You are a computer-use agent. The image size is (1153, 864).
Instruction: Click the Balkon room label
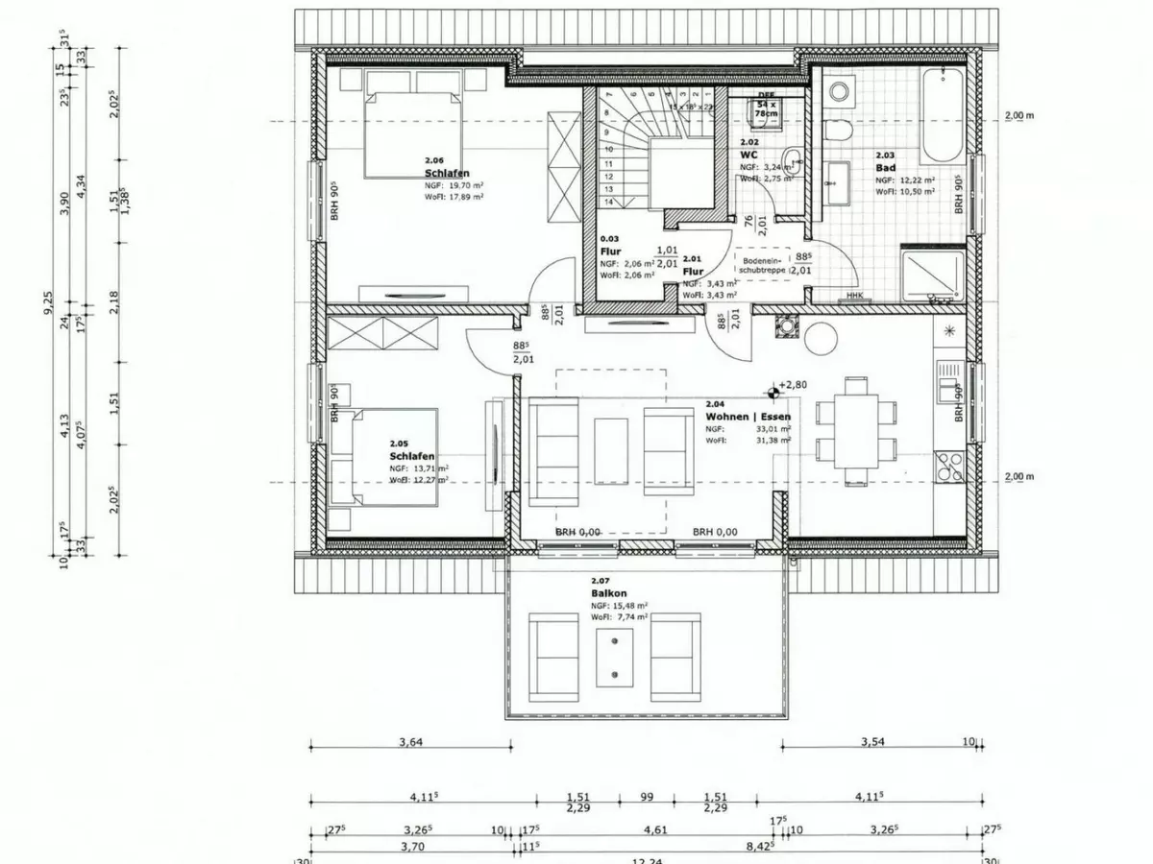(x=603, y=594)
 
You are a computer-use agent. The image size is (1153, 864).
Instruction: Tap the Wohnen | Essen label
(x=748, y=418)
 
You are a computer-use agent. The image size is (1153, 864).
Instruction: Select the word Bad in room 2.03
(x=885, y=167)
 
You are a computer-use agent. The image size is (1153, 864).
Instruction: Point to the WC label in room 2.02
(x=749, y=155)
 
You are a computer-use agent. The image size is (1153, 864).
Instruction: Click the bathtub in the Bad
(x=942, y=115)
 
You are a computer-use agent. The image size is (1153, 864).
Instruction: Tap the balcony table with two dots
(x=613, y=658)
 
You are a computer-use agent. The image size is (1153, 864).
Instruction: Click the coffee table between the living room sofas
(x=611, y=451)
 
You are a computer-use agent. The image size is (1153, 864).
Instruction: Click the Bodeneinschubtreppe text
(x=764, y=265)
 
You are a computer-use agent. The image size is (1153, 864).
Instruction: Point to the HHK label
(x=853, y=297)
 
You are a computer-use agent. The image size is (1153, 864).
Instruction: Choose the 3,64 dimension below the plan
(x=409, y=741)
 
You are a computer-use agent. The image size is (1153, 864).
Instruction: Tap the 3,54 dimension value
(x=872, y=741)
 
